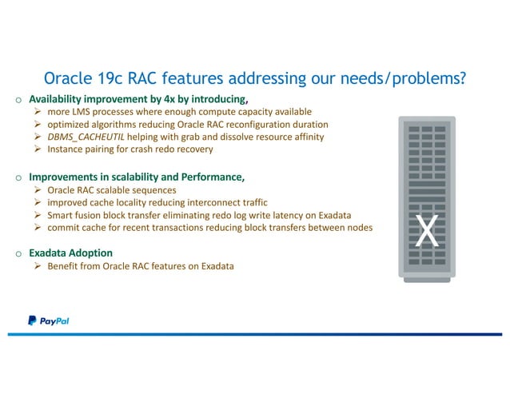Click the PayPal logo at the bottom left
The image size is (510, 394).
[x=48, y=320]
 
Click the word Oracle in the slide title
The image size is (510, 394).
[x=69, y=79]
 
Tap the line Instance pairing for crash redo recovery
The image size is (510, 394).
[x=130, y=149]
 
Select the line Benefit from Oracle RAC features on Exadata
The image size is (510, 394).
[x=141, y=266]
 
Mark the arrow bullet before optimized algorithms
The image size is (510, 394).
[x=38, y=125]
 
